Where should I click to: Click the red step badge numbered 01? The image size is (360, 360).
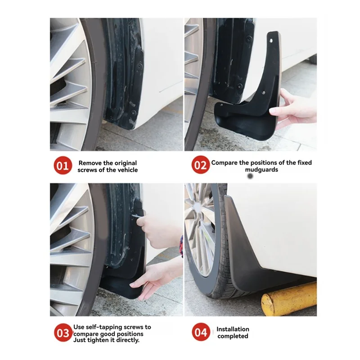tap(63, 166)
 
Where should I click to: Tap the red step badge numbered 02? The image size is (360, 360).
tap(200, 166)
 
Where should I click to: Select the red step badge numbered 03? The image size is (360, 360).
tap(63, 333)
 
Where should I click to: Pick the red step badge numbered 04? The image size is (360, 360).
tap(200, 333)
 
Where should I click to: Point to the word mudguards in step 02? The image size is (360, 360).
tap(261, 170)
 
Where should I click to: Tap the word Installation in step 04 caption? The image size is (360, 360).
tap(233, 329)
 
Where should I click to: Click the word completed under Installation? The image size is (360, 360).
tap(233, 336)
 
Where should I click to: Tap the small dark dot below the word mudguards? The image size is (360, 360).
tap(250, 177)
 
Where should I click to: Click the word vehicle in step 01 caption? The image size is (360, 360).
tap(126, 170)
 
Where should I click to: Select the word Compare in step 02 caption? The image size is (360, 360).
tap(225, 163)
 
